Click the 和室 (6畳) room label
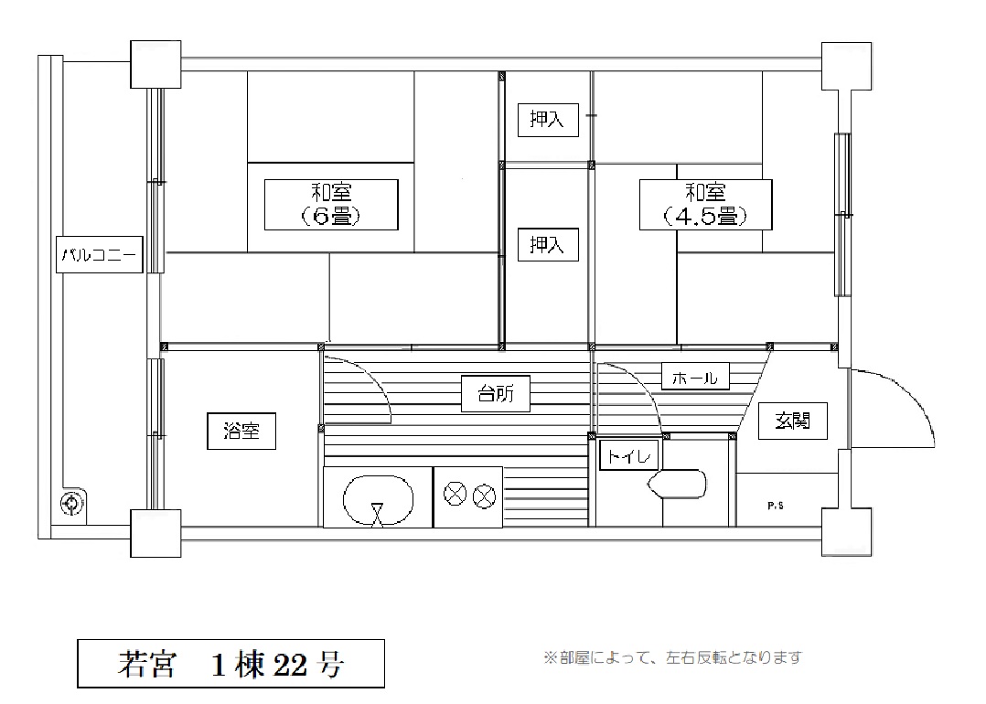click(x=331, y=204)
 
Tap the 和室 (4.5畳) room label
click(x=705, y=204)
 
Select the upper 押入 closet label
click(x=548, y=120)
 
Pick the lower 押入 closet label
click(x=548, y=244)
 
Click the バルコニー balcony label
click(x=100, y=254)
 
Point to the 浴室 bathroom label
click(x=241, y=432)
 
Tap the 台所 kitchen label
click(x=496, y=393)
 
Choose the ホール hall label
click(x=695, y=377)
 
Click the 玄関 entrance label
click(x=792, y=421)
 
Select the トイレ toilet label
click(x=629, y=455)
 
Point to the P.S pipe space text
click(x=776, y=506)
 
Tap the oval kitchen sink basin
click(x=378, y=500)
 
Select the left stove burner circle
click(x=455, y=495)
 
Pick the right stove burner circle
click(x=484, y=496)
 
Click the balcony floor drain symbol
click(x=71, y=504)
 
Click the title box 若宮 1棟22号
click(x=230, y=664)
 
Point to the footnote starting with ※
click(x=673, y=657)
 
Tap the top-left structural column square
click(x=155, y=64)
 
